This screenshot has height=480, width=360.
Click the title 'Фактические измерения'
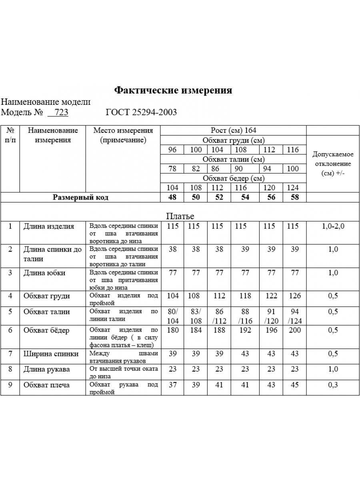coord(173,90)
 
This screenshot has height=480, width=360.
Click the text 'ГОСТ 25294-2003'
coord(141,112)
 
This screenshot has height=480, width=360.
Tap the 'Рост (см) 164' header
coord(234,130)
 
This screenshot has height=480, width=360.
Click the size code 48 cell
coord(172,197)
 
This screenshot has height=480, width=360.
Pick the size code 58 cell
coord(294,197)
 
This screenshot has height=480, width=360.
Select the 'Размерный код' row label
coord(81,197)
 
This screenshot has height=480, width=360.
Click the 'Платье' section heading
coord(180,216)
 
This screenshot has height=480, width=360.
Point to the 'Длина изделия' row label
coord(49,226)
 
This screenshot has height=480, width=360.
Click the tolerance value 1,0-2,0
coord(333,226)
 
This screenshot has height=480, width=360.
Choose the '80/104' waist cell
coord(172,316)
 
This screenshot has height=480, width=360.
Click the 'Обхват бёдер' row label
coord(46,330)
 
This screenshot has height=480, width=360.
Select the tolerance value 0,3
coord(333,385)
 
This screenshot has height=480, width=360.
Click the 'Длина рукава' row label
coord(46,369)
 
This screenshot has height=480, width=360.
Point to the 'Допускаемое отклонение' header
coord(332,164)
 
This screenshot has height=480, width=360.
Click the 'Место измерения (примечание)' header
coord(123,135)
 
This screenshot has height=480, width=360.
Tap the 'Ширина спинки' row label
coord(51,354)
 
